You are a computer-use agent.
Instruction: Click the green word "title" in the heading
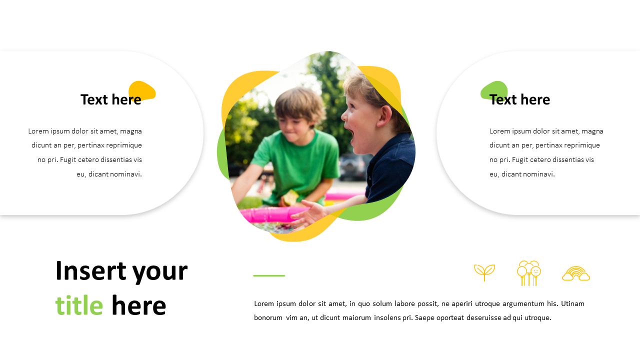click(79, 305)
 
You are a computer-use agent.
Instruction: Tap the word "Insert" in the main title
click(90, 270)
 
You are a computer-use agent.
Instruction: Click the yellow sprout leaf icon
click(484, 272)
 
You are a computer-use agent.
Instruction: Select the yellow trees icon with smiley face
click(529, 273)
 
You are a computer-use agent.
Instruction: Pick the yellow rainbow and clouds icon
click(576, 273)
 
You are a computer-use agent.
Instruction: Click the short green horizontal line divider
click(269, 275)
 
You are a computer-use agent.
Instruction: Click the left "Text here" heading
click(110, 99)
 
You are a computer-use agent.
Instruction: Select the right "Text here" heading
click(519, 99)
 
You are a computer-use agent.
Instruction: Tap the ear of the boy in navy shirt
click(384, 116)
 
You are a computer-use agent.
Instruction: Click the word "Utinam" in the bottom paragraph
click(572, 303)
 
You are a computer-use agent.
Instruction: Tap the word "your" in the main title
click(160, 270)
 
